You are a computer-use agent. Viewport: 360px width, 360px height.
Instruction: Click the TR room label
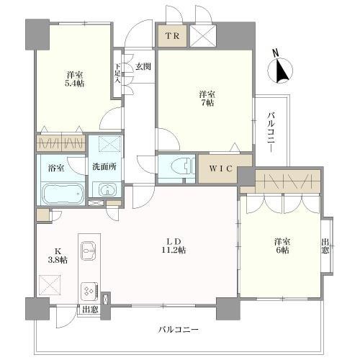(x=173, y=36)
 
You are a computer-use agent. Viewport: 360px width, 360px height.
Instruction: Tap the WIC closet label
(x=221, y=168)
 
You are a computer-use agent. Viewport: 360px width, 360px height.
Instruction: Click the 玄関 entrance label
(x=143, y=66)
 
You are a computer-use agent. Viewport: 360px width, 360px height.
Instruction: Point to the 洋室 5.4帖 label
(x=76, y=79)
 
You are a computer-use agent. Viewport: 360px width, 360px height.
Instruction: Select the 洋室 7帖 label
(x=207, y=99)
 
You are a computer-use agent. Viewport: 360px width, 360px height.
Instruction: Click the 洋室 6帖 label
(x=282, y=246)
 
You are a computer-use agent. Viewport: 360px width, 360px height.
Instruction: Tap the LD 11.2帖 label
(x=174, y=246)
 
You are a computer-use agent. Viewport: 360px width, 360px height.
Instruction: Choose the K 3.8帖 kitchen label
(x=58, y=255)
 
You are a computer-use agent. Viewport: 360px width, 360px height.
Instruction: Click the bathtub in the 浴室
(x=63, y=194)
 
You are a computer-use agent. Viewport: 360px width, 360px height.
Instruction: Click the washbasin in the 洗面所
(x=107, y=189)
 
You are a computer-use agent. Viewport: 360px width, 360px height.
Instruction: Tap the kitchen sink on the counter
(x=89, y=251)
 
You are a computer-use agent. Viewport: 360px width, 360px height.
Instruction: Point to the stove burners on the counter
(x=89, y=291)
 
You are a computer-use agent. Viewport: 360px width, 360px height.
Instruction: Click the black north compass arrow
(x=281, y=70)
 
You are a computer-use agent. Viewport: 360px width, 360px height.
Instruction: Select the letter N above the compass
(x=276, y=53)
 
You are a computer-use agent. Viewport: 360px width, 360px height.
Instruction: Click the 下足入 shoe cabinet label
(x=117, y=73)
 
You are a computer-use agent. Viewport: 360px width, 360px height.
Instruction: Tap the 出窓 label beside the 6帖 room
(x=325, y=246)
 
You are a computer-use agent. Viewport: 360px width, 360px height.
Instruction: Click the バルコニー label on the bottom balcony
(x=178, y=330)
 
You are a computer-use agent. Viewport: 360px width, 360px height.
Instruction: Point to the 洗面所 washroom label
(x=104, y=167)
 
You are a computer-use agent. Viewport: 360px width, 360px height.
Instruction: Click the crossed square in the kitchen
(x=50, y=285)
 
